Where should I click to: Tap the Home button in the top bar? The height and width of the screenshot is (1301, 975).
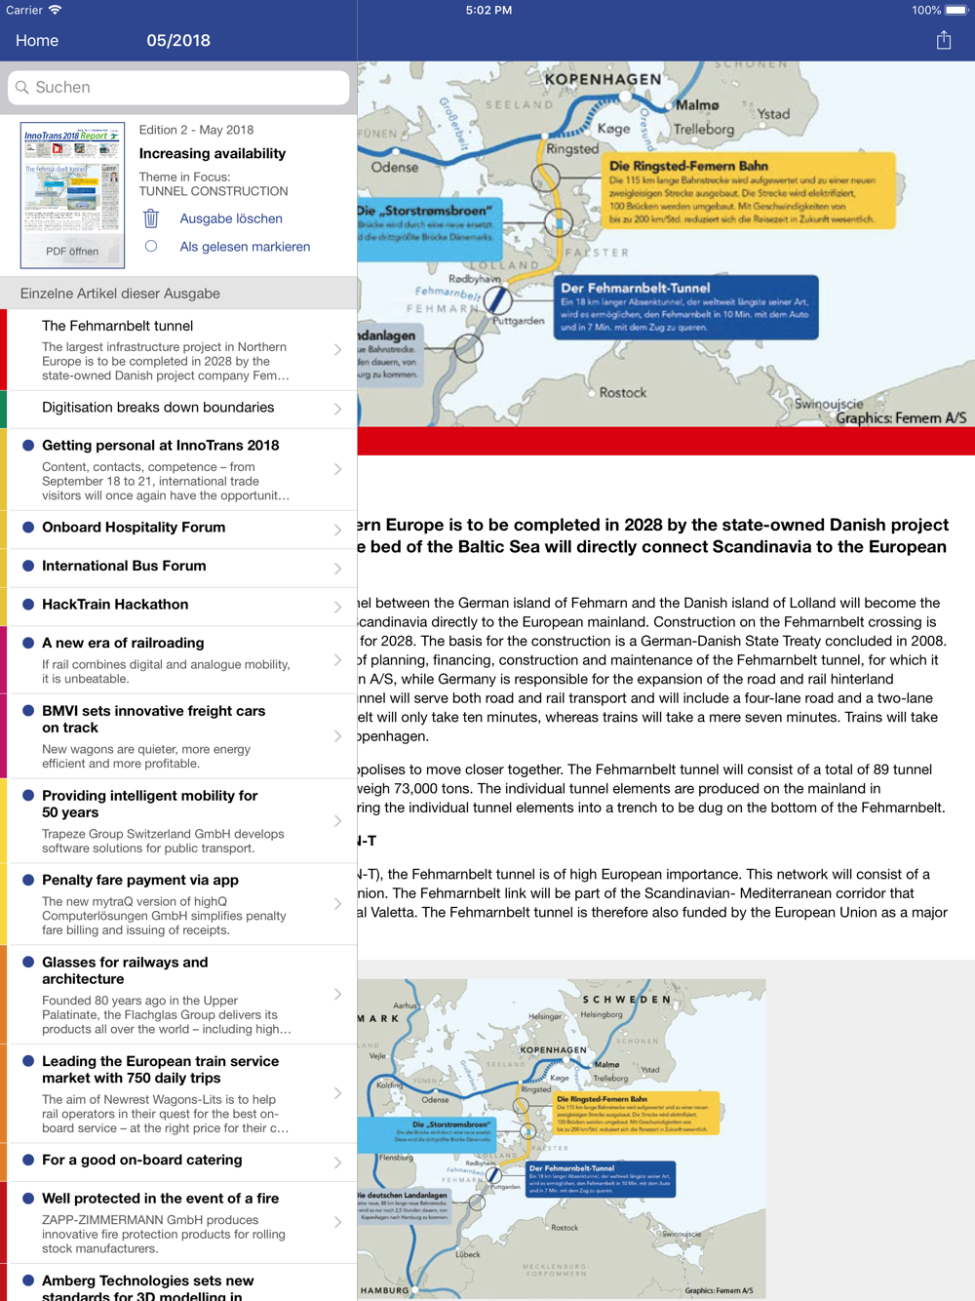click(x=37, y=41)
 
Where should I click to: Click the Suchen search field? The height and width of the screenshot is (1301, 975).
click(x=178, y=88)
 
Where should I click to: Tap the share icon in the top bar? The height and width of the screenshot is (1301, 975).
click(x=943, y=40)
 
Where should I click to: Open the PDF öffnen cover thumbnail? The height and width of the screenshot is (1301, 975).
click(x=72, y=195)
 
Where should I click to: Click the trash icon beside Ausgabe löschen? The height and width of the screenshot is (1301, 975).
click(x=151, y=218)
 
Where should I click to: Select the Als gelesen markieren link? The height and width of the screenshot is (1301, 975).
click(x=245, y=247)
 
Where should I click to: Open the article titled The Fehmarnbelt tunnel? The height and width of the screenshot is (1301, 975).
click(x=117, y=326)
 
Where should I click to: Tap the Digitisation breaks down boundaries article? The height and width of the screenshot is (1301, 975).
click(x=158, y=408)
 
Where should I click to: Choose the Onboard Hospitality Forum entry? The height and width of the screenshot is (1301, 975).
click(x=134, y=528)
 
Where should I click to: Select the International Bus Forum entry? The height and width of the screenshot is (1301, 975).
click(x=124, y=566)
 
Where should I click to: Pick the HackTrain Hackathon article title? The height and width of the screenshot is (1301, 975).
click(x=115, y=605)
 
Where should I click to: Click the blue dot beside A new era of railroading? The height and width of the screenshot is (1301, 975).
click(x=28, y=643)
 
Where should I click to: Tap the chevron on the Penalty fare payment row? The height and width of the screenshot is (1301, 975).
click(x=337, y=904)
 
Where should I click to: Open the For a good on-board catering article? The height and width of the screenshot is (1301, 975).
click(x=142, y=1161)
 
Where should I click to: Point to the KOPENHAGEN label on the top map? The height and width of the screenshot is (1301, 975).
click(x=603, y=80)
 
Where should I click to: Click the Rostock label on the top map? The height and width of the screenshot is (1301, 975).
click(x=622, y=393)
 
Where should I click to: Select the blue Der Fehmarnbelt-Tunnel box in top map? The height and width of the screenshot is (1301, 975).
click(x=686, y=307)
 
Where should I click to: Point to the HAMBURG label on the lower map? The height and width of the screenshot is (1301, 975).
click(x=385, y=1290)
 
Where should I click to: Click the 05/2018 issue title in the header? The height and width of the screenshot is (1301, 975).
click(x=178, y=41)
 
